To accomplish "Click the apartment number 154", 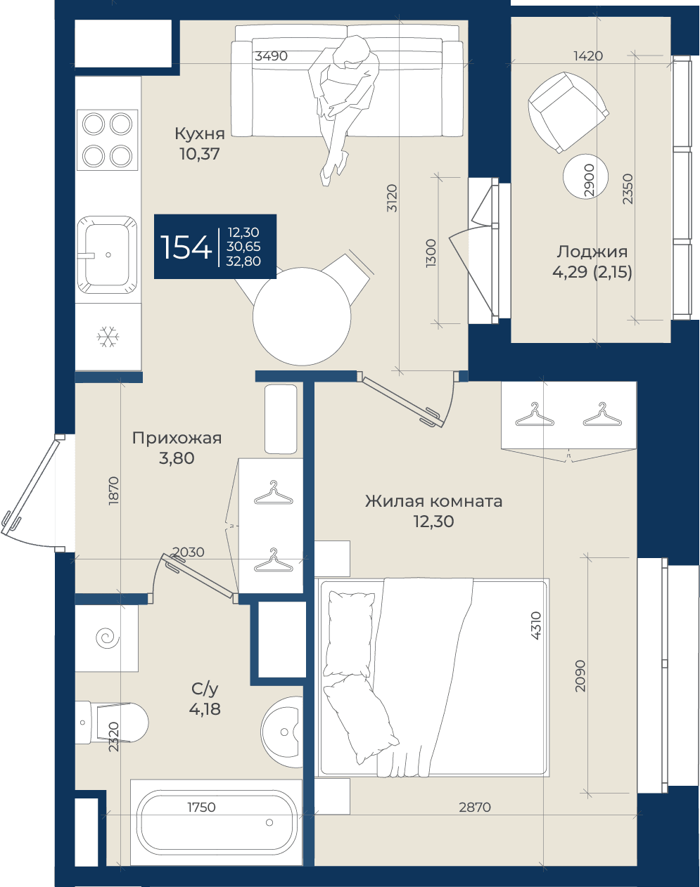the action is pyautogui.click(x=186, y=247).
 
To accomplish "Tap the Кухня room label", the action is pyautogui.click(x=200, y=134).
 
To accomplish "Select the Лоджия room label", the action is pyautogui.click(x=592, y=252).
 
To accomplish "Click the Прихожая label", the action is pyautogui.click(x=177, y=438).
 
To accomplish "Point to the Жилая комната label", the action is pyautogui.click(x=434, y=502).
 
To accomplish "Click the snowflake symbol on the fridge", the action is pyautogui.click(x=108, y=337).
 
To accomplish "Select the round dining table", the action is pyautogui.click(x=302, y=316).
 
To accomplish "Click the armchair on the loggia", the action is pyautogui.click(x=568, y=112).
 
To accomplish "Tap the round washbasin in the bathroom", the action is pyautogui.click(x=282, y=732).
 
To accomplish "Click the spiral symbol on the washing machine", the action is pyautogui.click(x=108, y=638).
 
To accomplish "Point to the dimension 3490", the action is pyautogui.click(x=271, y=56).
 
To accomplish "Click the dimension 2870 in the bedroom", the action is pyautogui.click(x=475, y=807).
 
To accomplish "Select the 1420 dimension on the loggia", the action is pyautogui.click(x=588, y=56).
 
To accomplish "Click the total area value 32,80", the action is pyautogui.click(x=243, y=261).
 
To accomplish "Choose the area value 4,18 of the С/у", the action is pyautogui.click(x=205, y=709).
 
